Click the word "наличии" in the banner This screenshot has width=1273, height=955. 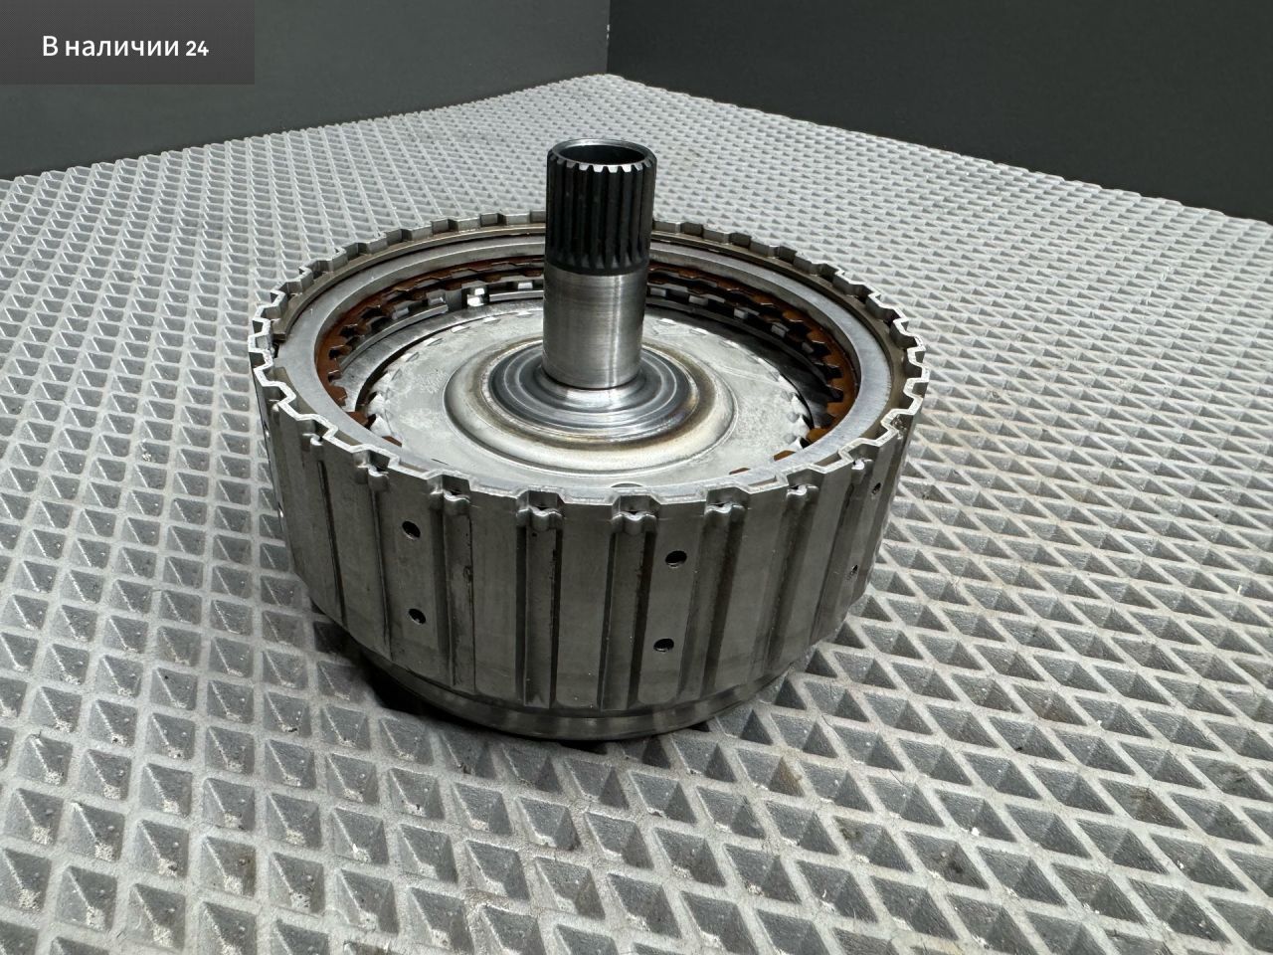tap(120, 48)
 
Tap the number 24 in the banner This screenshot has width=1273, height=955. tap(197, 49)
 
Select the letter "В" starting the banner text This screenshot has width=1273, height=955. tap(51, 47)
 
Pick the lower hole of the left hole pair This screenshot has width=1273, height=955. tap(416, 615)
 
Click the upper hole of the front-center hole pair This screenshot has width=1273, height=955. tap(673, 558)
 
